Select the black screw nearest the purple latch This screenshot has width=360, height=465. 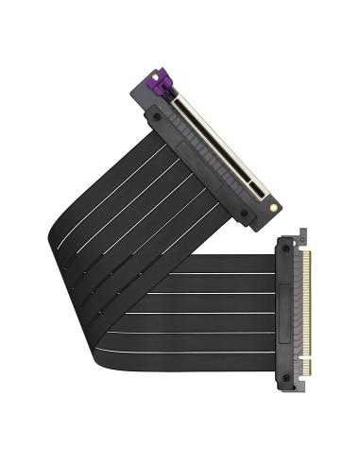(151, 116)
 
